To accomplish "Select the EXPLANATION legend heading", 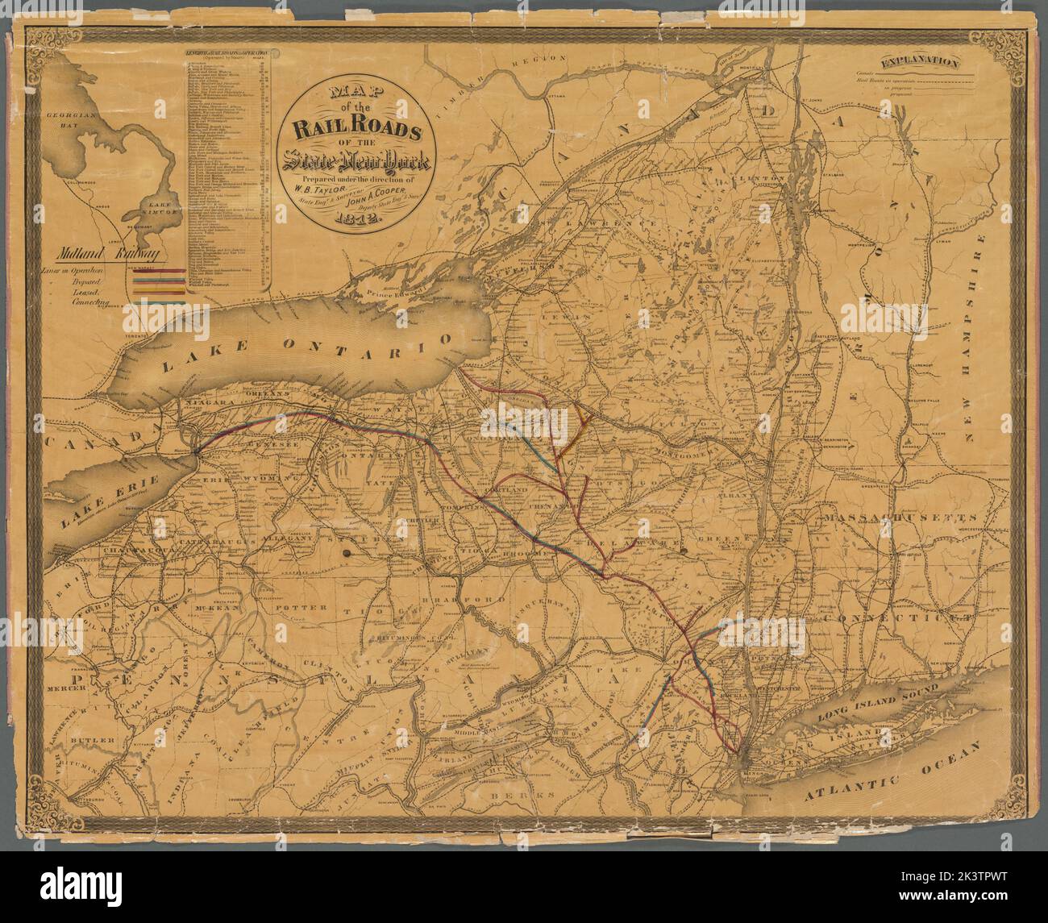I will click(x=919, y=62).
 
